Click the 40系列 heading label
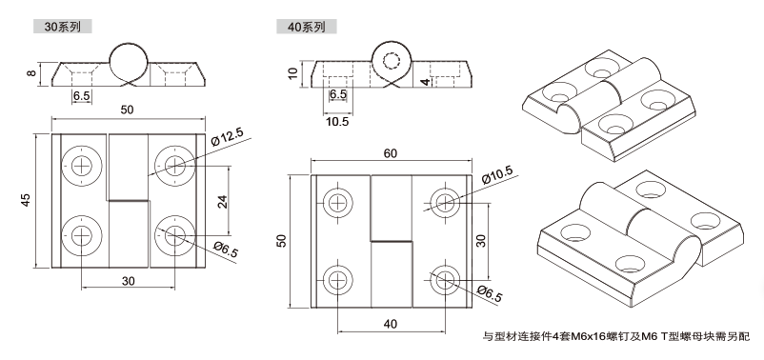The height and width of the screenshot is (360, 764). point(306,27)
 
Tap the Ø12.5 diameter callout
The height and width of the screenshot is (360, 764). point(227,137)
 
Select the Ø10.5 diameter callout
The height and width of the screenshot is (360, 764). point(497,175)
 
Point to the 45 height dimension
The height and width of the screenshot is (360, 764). point(26,200)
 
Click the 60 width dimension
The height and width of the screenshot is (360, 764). point(391,153)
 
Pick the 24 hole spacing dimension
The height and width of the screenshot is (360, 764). point(222,201)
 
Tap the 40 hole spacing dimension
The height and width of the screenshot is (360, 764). point(391,324)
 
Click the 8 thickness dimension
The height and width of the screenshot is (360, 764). point(31,73)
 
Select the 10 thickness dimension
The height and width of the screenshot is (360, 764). point(292,73)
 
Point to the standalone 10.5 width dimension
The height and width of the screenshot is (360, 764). point(337,121)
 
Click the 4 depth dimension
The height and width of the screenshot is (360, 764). point(426,82)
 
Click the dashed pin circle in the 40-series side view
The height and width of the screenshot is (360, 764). point(392,61)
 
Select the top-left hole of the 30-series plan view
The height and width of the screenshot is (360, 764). point(82,166)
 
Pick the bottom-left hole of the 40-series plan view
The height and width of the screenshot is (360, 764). point(337,281)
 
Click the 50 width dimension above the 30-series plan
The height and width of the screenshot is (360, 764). point(127,110)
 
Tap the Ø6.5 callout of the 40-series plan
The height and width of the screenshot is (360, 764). point(490,293)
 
